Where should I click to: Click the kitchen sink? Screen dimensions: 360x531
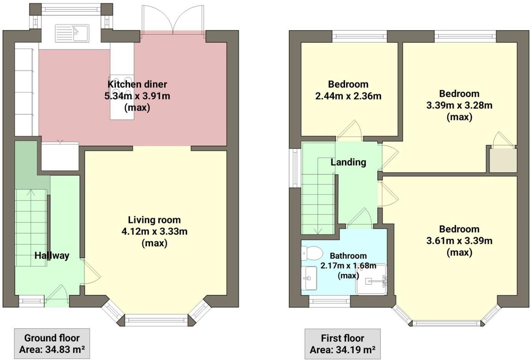point(72,33)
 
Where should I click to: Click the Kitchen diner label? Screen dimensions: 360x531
point(137,84)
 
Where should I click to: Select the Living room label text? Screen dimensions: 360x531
point(154,220)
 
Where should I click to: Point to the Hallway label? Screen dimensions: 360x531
point(52,255)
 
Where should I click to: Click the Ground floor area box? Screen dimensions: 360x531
point(52,344)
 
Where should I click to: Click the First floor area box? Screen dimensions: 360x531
point(342,344)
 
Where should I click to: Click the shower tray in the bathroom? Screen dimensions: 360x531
point(371,280)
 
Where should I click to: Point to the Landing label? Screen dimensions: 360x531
point(348,162)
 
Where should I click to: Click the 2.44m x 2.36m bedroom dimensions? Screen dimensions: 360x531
point(348,96)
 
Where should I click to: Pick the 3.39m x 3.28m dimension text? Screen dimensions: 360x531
point(459,105)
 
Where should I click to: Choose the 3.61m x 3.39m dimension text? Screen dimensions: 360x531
point(459,241)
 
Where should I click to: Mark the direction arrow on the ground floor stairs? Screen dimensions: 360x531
point(30,192)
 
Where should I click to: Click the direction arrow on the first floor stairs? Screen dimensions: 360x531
point(317,230)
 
